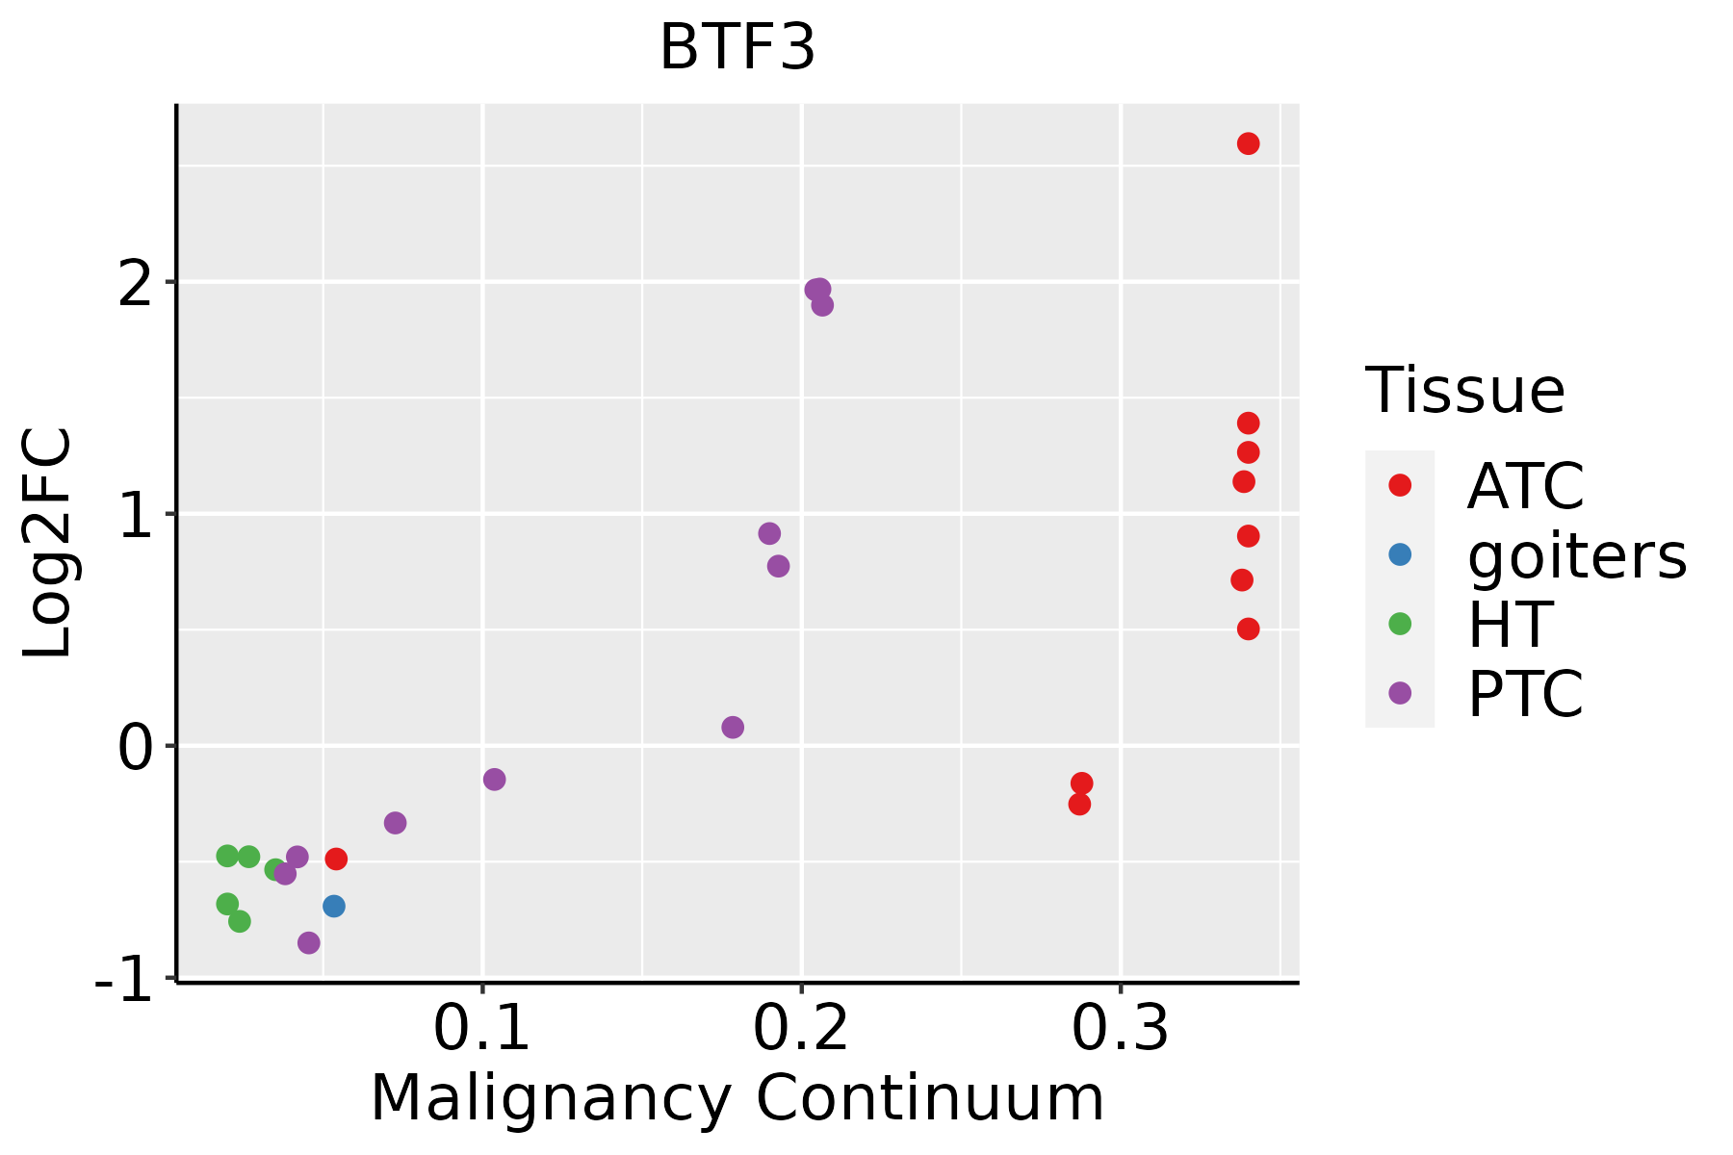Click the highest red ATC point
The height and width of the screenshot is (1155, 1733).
tap(1248, 143)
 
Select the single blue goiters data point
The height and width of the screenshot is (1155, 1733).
tap(334, 906)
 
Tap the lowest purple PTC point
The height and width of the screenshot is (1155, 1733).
tap(308, 942)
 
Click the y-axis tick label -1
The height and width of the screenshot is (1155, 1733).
tap(125, 984)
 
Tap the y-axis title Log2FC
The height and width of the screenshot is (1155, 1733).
tap(48, 543)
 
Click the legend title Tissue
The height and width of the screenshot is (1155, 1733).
tap(1464, 392)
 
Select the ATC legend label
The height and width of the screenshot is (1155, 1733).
tap(1525, 486)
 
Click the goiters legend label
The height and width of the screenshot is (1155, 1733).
tap(1576, 555)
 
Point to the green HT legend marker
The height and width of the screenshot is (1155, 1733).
tap(1400, 624)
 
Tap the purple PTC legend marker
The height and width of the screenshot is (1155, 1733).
tap(1400, 693)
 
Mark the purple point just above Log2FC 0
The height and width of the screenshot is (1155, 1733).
tap(733, 727)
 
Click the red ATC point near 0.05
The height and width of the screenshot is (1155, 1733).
tap(336, 859)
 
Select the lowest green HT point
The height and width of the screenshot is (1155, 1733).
tap(240, 921)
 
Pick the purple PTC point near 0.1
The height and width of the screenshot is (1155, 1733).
tap(494, 779)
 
